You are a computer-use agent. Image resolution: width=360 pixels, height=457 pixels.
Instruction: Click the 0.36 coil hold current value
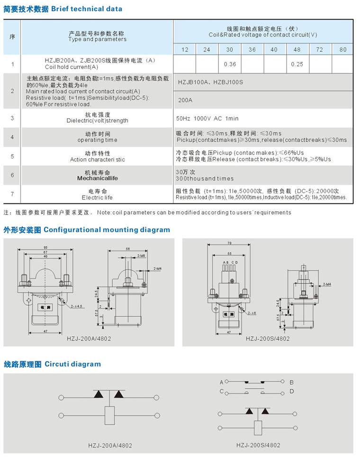[230, 64]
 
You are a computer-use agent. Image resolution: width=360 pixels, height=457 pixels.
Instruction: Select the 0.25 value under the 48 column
[297, 64]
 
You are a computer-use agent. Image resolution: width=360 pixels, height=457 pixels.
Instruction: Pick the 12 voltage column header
[185, 50]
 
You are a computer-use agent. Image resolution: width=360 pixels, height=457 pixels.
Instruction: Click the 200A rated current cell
[184, 100]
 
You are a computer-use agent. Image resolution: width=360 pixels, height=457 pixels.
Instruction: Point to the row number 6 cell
[12, 175]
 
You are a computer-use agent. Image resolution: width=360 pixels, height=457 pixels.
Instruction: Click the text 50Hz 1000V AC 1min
[207, 118]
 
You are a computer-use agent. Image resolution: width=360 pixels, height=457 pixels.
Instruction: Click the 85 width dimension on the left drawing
[45, 247]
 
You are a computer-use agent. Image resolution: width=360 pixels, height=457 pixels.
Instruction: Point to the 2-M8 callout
[141, 256]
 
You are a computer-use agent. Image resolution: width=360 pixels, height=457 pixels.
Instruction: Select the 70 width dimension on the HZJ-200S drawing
[229, 243]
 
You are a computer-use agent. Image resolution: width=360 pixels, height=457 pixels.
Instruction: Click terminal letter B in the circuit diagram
[292, 382]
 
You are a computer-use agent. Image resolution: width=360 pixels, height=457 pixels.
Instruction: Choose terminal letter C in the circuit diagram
[221, 391]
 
